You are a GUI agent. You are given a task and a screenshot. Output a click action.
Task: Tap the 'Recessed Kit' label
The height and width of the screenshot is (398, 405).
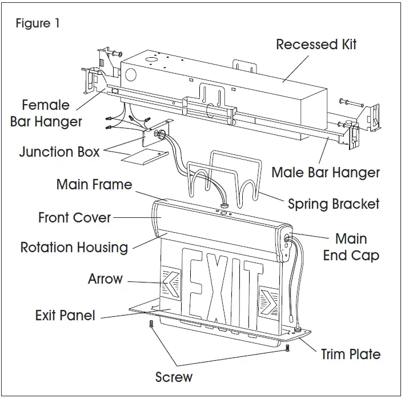[316, 44]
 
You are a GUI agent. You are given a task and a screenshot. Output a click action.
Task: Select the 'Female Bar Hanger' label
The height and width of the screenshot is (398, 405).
[46, 113]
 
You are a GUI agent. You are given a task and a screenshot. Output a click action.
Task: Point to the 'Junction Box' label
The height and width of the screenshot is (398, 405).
[59, 152]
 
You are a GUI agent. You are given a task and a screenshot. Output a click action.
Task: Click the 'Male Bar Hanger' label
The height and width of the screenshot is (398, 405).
[325, 172]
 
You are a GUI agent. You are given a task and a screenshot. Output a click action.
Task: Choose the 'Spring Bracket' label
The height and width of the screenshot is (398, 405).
[334, 204]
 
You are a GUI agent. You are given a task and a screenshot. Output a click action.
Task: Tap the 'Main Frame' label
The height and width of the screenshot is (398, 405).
[94, 185]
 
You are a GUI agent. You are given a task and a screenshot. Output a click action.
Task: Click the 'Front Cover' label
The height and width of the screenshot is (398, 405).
[74, 217]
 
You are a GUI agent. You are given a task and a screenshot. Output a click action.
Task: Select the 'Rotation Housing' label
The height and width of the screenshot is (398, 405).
[74, 247]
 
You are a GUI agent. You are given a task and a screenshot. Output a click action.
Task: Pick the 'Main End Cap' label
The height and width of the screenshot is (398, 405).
[351, 246]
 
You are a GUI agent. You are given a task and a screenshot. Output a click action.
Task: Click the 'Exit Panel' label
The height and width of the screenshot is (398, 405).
[65, 315]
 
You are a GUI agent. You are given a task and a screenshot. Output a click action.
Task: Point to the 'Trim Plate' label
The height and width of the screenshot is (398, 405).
[350, 354]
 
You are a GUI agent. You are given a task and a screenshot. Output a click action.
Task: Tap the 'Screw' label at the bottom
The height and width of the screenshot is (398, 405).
[174, 377]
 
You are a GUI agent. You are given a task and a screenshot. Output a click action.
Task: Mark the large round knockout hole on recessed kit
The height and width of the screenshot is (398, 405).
[130, 75]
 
